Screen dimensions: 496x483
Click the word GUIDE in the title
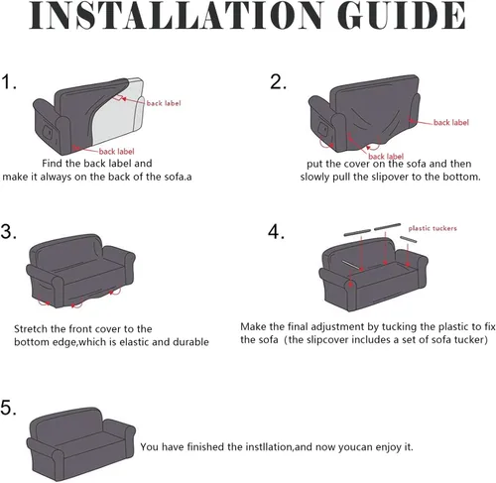click(x=402, y=15)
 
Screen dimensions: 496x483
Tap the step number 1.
click(x=9, y=81)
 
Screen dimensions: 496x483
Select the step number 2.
click(x=278, y=81)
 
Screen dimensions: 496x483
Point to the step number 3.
click(x=9, y=231)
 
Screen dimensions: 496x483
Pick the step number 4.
click(x=276, y=231)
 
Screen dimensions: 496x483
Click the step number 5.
click(x=9, y=408)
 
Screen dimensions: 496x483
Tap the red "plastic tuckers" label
click(x=433, y=228)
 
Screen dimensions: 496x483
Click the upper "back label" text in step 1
click(x=164, y=103)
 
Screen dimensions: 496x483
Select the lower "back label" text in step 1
click(x=117, y=152)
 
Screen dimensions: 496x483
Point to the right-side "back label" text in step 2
click(x=451, y=122)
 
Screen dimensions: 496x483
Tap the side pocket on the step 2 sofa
click(x=322, y=129)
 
